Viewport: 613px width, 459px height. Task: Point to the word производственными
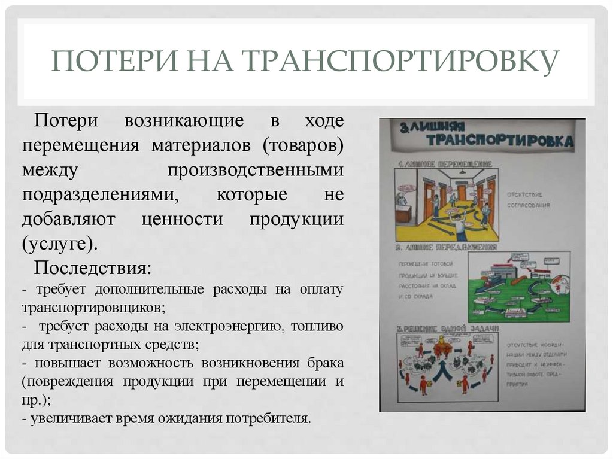tap(256, 171)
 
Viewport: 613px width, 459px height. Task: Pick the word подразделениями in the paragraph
tap(100, 195)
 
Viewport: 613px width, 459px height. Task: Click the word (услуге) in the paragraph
tap(59, 244)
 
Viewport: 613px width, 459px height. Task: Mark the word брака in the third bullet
tap(323, 363)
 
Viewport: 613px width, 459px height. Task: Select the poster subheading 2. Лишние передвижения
tap(446, 247)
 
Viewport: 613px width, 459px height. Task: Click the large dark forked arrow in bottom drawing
tap(444, 370)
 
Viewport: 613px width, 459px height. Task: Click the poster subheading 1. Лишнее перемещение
tap(446, 163)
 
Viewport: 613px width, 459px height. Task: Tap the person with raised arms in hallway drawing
tap(460, 224)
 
